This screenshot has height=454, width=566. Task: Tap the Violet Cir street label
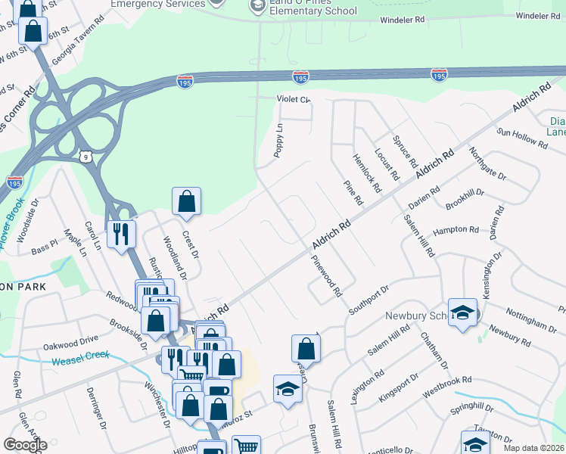294,99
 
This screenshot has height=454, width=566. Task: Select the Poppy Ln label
278,140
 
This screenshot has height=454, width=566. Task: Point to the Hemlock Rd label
365,172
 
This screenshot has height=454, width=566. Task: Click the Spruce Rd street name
406,151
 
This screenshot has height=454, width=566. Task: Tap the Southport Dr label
368,300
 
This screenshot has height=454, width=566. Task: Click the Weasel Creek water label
81,358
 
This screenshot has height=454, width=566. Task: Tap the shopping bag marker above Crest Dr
186,201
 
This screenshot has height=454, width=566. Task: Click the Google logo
25,444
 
